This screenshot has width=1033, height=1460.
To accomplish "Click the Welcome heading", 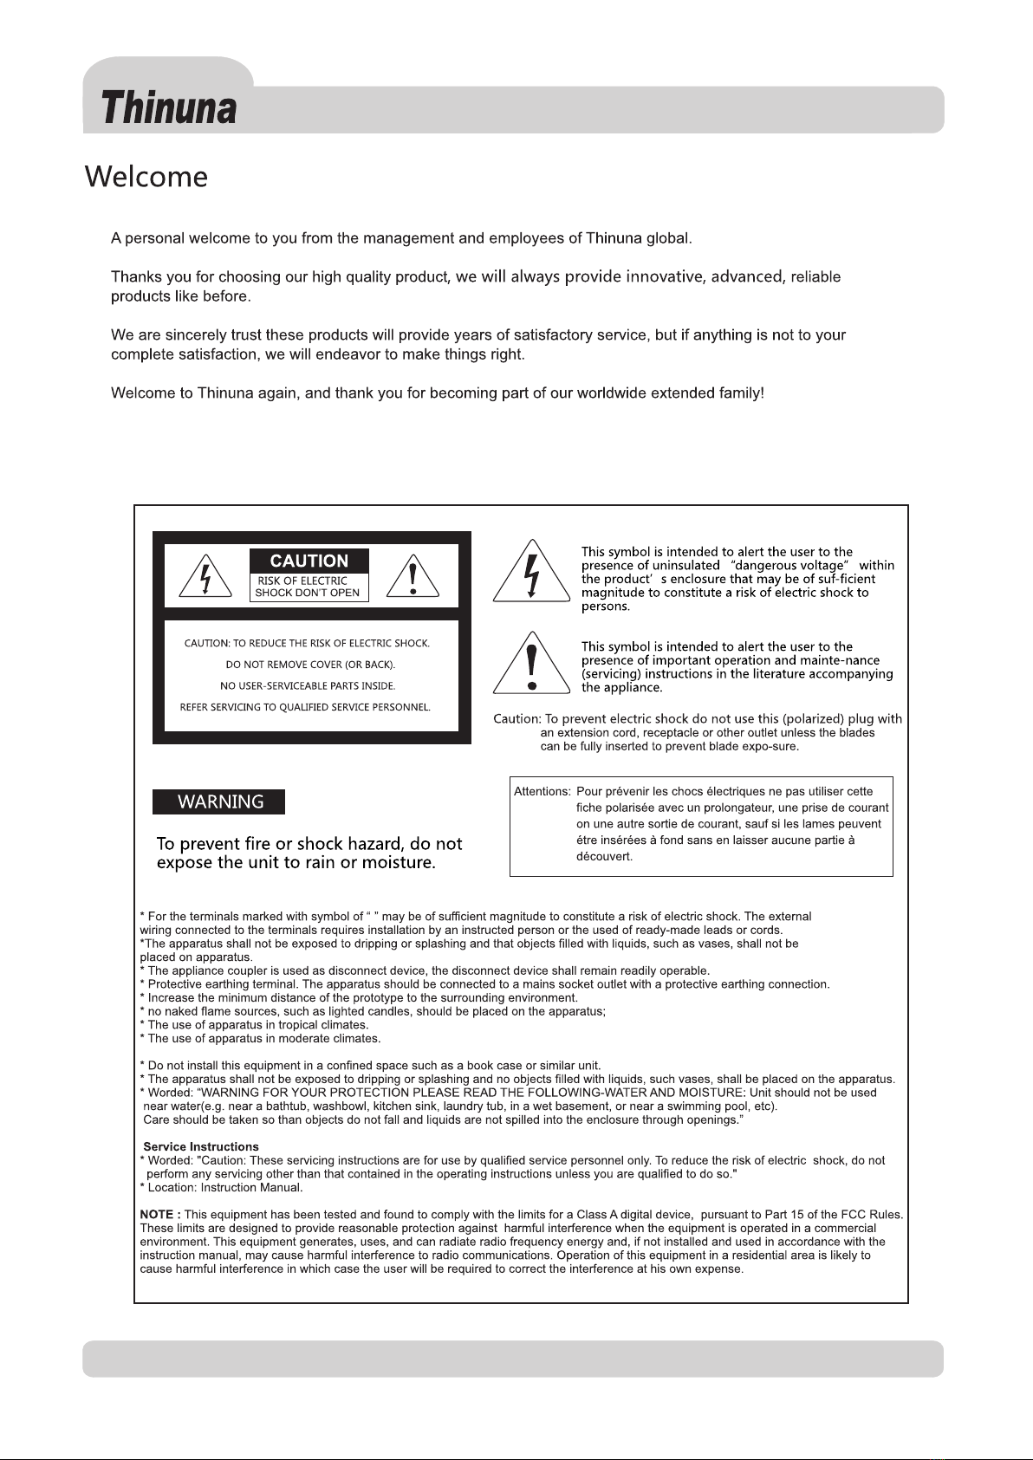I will [x=146, y=178].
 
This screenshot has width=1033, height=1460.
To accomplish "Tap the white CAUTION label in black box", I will [x=309, y=561].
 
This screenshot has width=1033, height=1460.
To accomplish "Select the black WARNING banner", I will [x=219, y=802].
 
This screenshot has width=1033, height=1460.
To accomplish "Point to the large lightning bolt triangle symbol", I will [x=531, y=572].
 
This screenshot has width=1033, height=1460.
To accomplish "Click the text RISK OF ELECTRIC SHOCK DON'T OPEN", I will [x=307, y=587].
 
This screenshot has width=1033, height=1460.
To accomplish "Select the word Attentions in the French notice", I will [x=542, y=792].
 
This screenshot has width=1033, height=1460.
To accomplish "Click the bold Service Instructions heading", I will [x=201, y=1147].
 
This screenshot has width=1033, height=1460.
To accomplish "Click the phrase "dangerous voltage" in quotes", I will [x=789, y=566].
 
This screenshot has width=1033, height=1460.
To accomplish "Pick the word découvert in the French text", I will [x=604, y=857].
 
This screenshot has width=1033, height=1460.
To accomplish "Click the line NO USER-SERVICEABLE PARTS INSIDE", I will [x=308, y=686].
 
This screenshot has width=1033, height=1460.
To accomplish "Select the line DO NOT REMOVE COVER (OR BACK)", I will [x=310, y=665].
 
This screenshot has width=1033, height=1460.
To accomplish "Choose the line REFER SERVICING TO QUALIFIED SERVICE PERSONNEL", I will [x=305, y=707].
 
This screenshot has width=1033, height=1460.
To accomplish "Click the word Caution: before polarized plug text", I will [x=516, y=719].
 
